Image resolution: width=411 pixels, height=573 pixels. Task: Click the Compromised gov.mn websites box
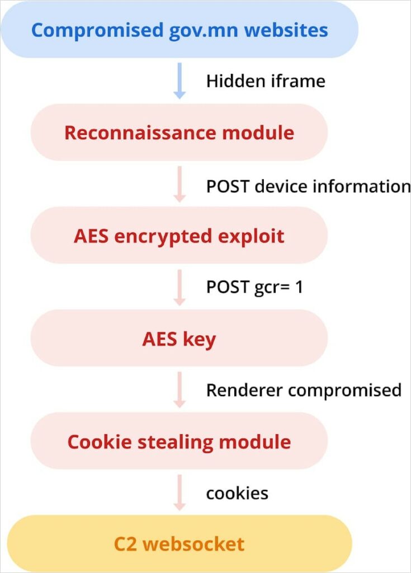click(179, 30)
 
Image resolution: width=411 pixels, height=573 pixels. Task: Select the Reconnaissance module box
click(179, 133)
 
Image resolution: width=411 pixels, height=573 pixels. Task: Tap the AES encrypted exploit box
click(179, 236)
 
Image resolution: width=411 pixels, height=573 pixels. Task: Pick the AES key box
click(179, 339)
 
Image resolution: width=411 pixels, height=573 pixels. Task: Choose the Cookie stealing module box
click(179, 442)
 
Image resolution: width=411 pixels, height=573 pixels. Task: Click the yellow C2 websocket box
click(179, 544)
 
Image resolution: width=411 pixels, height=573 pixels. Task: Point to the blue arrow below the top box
click(179, 81)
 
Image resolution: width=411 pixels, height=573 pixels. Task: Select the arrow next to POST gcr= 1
click(179, 287)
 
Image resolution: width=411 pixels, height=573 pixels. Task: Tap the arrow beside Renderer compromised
click(179, 390)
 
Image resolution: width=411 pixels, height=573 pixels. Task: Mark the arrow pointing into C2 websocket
click(179, 493)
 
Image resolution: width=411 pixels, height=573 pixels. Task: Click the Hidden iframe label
click(266, 81)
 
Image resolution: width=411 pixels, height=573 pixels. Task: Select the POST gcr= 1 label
click(254, 287)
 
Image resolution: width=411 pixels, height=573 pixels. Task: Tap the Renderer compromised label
click(304, 390)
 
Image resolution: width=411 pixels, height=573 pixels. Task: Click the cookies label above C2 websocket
click(237, 494)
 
